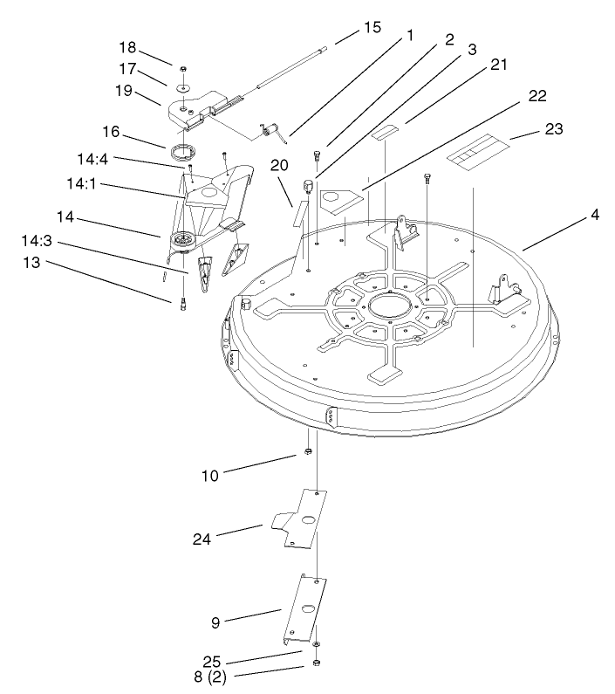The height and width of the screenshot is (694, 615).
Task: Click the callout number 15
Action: (372, 27)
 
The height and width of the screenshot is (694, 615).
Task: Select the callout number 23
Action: (553, 129)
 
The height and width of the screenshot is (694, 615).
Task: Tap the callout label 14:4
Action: (92, 159)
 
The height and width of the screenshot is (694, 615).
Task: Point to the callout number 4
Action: (595, 215)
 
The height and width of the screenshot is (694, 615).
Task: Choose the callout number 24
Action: (202, 539)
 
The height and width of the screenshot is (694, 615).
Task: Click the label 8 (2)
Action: (210, 677)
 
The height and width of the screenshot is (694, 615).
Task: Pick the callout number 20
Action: (279, 165)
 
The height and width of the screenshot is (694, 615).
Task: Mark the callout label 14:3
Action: (37, 241)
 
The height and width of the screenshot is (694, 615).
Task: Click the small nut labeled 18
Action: (182, 69)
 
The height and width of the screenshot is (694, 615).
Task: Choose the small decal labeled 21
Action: (386, 132)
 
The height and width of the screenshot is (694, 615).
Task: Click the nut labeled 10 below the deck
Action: (309, 451)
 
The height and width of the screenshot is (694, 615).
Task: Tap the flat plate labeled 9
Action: (305, 609)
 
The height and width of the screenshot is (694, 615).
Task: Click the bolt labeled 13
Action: (183, 305)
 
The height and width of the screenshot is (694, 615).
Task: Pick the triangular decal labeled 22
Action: (341, 202)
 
